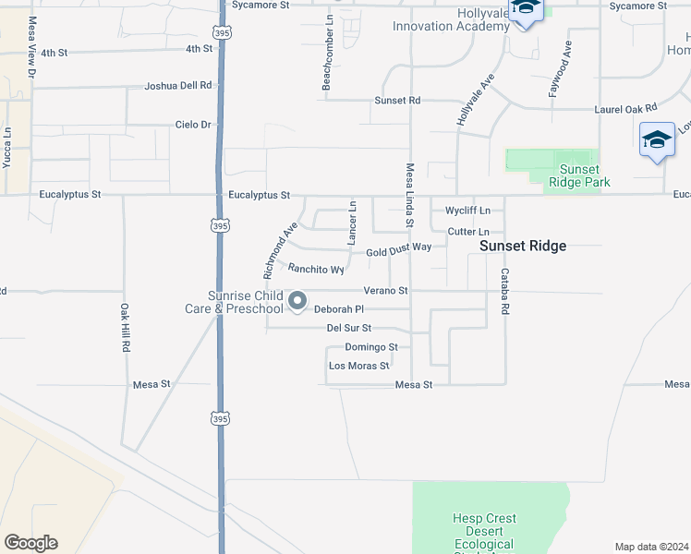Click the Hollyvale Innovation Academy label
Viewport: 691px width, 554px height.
pos(451,19)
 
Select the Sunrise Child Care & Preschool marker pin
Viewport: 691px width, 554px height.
pos(297,301)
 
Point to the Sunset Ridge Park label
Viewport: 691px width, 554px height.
pos(579,175)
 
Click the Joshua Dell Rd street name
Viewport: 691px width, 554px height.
pos(178,86)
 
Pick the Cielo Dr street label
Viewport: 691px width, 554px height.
pos(193,125)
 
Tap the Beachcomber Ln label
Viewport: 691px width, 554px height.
pos(327,66)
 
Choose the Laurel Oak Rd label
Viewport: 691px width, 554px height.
pos(625,109)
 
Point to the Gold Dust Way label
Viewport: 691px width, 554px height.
pos(398,249)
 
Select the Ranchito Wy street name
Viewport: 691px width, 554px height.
pos(316,270)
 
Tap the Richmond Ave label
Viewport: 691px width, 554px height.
pos(280,249)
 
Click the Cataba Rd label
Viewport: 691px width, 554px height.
pos(504,292)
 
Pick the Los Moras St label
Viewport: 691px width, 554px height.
pos(359,367)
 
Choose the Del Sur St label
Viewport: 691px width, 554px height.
pos(348,328)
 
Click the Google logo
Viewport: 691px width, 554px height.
pos(30,543)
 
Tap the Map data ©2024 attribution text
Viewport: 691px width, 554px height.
pos(652,547)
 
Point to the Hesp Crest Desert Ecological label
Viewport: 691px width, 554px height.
pos(484,531)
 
